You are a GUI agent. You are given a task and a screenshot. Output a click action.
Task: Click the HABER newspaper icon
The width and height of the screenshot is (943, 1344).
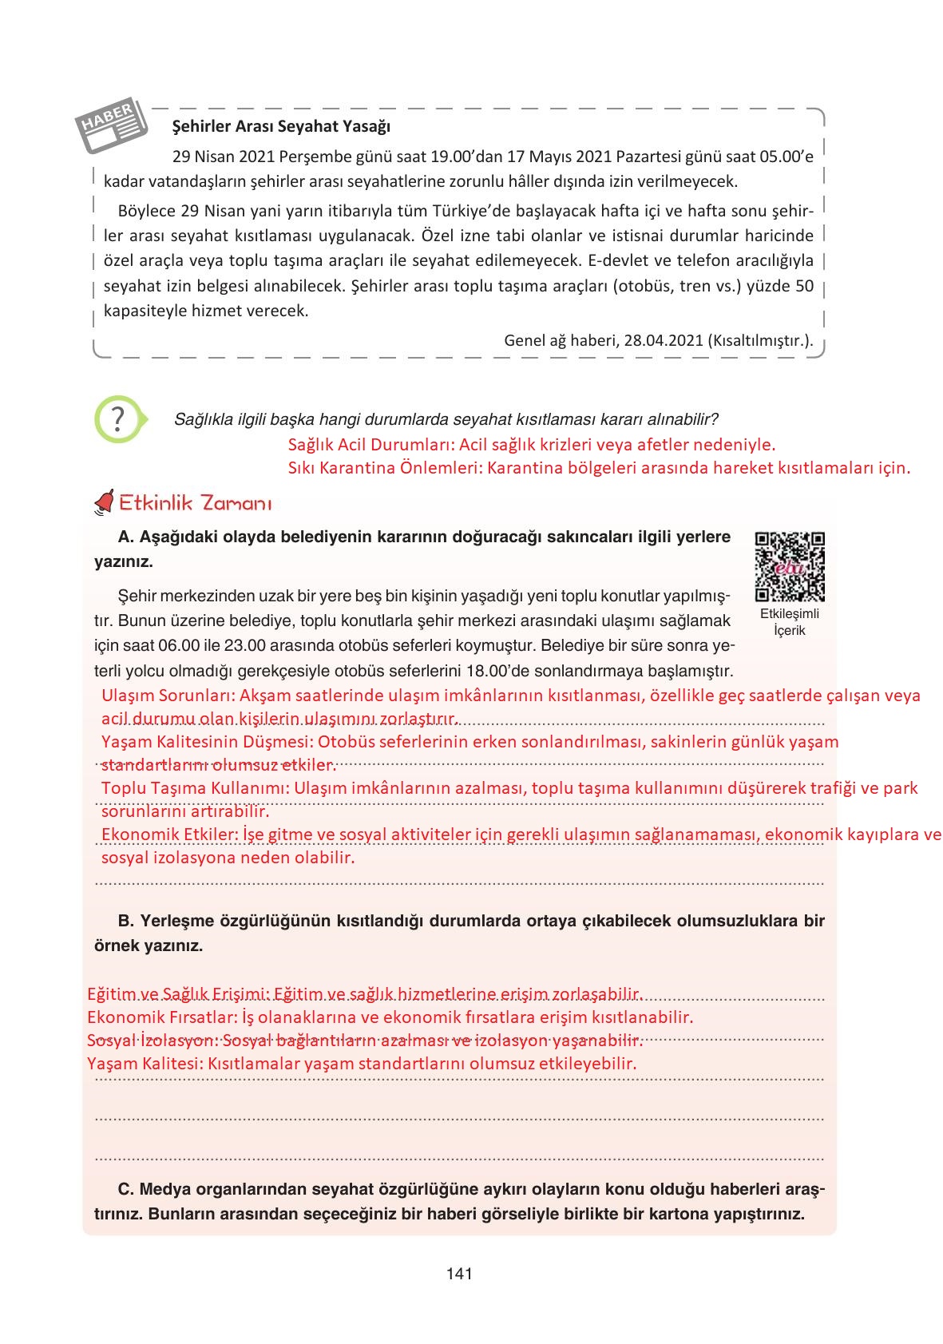[x=112, y=127]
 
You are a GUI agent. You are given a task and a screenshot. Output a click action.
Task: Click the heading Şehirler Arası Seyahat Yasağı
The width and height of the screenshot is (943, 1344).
[x=281, y=126]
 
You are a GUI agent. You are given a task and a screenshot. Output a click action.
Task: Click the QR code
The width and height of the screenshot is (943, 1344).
[x=789, y=566]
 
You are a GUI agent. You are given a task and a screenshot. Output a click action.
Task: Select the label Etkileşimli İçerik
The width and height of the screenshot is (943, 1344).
[x=789, y=622]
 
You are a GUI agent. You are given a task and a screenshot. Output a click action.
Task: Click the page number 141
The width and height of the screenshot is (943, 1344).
[x=459, y=1274]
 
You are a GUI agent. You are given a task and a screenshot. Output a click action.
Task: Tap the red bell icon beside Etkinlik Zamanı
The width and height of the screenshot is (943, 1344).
[x=105, y=502]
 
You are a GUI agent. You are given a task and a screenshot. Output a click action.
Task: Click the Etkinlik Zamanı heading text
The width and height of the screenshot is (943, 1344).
[x=195, y=504]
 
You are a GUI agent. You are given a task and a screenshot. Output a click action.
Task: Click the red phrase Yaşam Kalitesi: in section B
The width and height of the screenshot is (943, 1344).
[x=144, y=1064]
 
